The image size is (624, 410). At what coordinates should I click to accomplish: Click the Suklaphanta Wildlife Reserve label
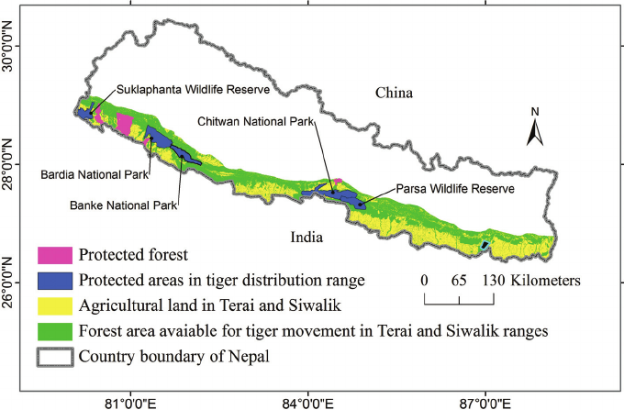(193, 90)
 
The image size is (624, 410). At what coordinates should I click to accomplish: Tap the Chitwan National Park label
(256, 121)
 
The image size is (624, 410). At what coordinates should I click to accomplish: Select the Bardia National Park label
(95, 174)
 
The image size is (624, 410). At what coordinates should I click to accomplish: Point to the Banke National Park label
(123, 205)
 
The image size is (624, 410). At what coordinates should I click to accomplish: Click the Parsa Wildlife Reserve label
(455, 189)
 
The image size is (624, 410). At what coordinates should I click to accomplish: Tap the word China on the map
(394, 93)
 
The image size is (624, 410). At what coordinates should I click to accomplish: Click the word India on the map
(306, 237)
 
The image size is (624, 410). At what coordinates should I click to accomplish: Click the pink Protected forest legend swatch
(55, 255)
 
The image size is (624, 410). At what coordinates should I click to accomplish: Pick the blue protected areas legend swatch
(55, 281)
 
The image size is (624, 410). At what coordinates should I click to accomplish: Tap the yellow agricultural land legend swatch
(55, 305)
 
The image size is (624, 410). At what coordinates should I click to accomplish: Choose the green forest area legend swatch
(55, 331)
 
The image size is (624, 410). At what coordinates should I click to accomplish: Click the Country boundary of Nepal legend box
(55, 357)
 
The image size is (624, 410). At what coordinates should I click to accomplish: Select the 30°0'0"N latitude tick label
(8, 46)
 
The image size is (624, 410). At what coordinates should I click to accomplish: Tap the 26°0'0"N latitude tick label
(8, 283)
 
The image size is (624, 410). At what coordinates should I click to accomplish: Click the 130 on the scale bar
(494, 281)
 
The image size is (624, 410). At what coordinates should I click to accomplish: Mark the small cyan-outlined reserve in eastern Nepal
(485, 246)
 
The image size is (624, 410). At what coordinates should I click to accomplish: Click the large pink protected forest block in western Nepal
(124, 124)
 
